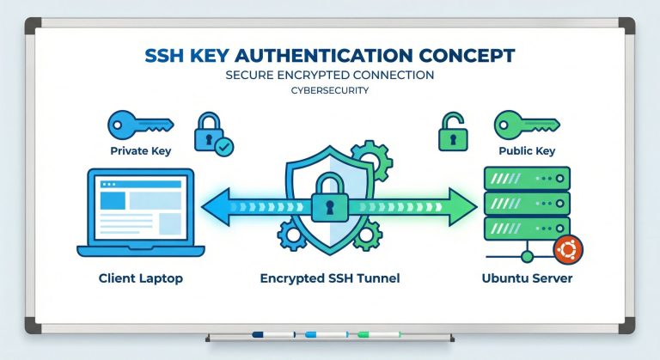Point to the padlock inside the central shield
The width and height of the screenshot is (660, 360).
pyautogui.click(x=330, y=198)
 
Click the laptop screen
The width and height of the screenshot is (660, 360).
pyautogui.click(x=141, y=207)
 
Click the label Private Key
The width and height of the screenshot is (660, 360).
pyautogui.click(x=141, y=152)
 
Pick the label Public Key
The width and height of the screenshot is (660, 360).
pyautogui.click(x=527, y=152)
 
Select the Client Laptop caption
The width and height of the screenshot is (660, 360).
pyautogui.click(x=141, y=279)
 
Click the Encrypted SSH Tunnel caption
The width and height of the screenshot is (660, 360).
pyautogui.click(x=331, y=279)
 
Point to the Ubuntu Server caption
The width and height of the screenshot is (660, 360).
pyautogui.click(x=528, y=279)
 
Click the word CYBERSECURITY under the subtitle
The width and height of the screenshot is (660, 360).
pyautogui.click(x=330, y=90)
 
